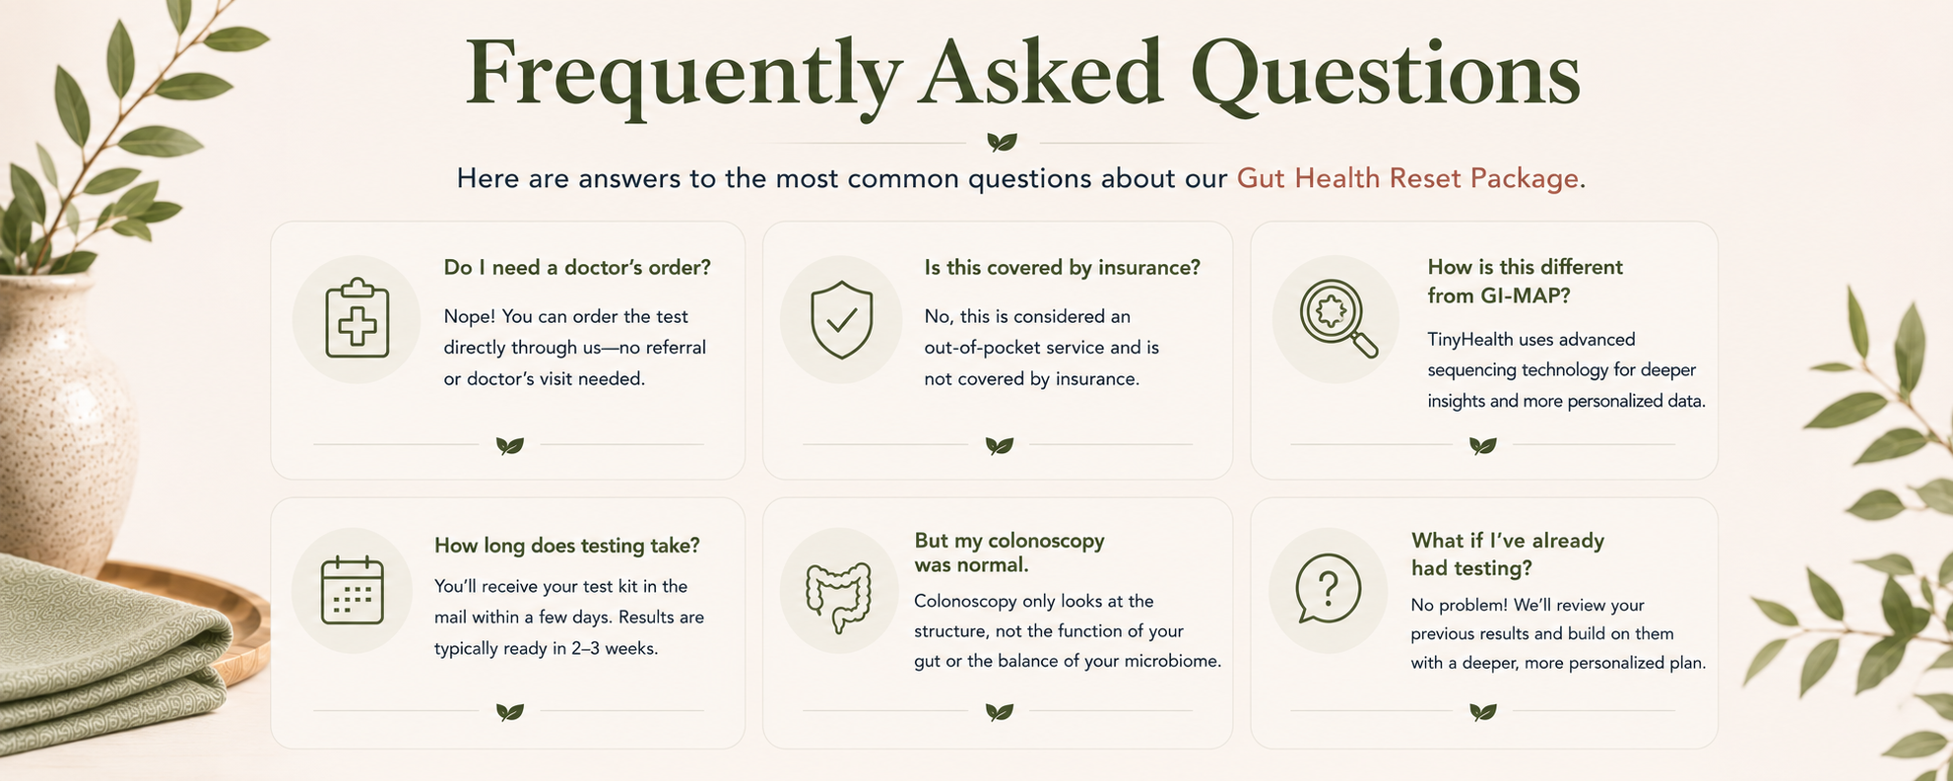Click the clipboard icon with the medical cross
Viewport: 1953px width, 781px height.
coord(357,318)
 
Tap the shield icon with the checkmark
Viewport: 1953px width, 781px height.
coord(841,319)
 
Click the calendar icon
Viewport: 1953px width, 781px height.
coord(352,590)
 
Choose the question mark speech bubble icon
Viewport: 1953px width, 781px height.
coord(1328,589)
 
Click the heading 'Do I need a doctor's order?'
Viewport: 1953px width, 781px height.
coord(577,268)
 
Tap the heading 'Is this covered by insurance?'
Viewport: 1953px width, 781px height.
coord(1062,268)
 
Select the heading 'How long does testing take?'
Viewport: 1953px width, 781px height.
coord(567,546)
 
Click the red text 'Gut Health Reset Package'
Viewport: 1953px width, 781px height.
coord(1408,178)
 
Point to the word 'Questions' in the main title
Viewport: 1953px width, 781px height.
coord(1385,76)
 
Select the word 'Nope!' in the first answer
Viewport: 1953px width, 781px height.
coord(469,317)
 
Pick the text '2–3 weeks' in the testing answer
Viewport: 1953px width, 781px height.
coord(616,649)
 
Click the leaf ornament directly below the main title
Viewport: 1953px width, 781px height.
coord(1002,143)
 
